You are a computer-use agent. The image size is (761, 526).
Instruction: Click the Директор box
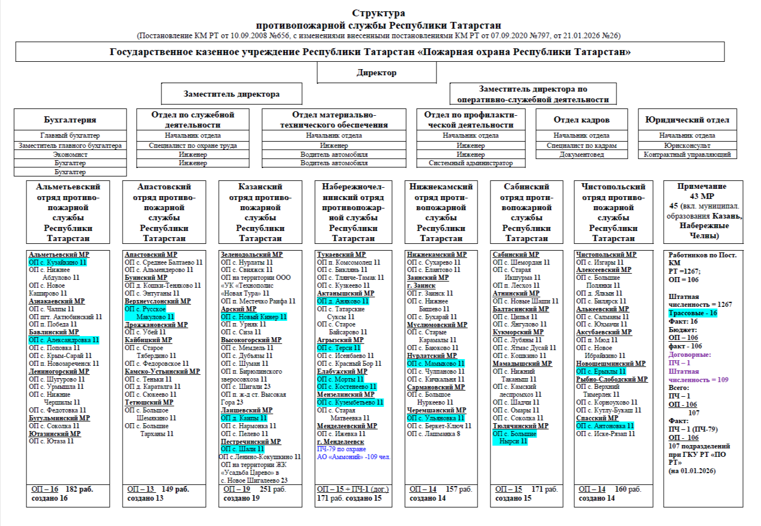(376, 72)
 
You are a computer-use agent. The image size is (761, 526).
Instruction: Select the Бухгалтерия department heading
(70, 120)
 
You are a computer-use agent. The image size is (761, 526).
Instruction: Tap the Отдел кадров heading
(581, 120)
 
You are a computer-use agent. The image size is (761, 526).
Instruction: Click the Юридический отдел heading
(687, 120)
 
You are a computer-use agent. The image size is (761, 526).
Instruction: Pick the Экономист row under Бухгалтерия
(70, 155)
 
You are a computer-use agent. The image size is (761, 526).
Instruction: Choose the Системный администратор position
(470, 163)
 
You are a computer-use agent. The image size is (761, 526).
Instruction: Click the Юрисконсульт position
(687, 146)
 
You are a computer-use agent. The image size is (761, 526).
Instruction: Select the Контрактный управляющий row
(687, 155)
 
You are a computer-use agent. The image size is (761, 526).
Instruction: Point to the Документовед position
(581, 155)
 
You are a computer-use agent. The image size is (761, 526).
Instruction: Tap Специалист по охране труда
(192, 146)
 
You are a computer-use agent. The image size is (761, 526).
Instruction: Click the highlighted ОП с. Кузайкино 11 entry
(57, 262)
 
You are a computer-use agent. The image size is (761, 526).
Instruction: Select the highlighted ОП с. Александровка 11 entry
(64, 340)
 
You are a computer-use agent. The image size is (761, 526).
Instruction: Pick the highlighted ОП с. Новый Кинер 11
(253, 317)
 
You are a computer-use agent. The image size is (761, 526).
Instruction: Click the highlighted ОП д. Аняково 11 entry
(343, 301)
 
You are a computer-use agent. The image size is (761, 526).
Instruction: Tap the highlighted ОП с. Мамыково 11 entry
(435, 364)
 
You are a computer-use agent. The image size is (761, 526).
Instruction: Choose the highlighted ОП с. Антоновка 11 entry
(605, 426)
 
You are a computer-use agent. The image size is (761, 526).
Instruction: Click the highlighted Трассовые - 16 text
(692, 313)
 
